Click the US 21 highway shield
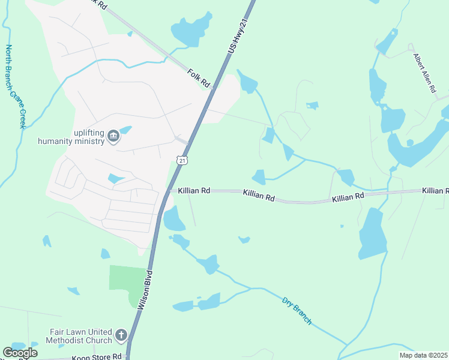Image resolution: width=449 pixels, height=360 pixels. tap(182, 160)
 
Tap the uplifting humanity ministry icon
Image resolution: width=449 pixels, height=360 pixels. tap(113, 138)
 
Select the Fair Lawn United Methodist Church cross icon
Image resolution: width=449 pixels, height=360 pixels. tap(121, 335)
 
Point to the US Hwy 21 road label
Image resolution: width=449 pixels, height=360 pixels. tap(237, 37)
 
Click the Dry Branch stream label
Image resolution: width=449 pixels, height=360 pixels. tap(297, 310)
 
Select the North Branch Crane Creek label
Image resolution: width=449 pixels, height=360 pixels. tap(16, 86)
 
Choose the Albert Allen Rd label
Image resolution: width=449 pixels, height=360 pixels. tap(424, 73)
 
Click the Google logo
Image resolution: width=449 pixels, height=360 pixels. tap(20, 352)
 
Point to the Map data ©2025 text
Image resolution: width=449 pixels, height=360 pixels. tap(423, 355)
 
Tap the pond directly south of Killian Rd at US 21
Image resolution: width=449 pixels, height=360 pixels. tap(173, 220)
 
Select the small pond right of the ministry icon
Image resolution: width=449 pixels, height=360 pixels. tap(125, 130)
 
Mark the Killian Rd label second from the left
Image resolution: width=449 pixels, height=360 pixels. tap(259, 196)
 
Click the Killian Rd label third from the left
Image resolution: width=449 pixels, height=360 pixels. tap(348, 196)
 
